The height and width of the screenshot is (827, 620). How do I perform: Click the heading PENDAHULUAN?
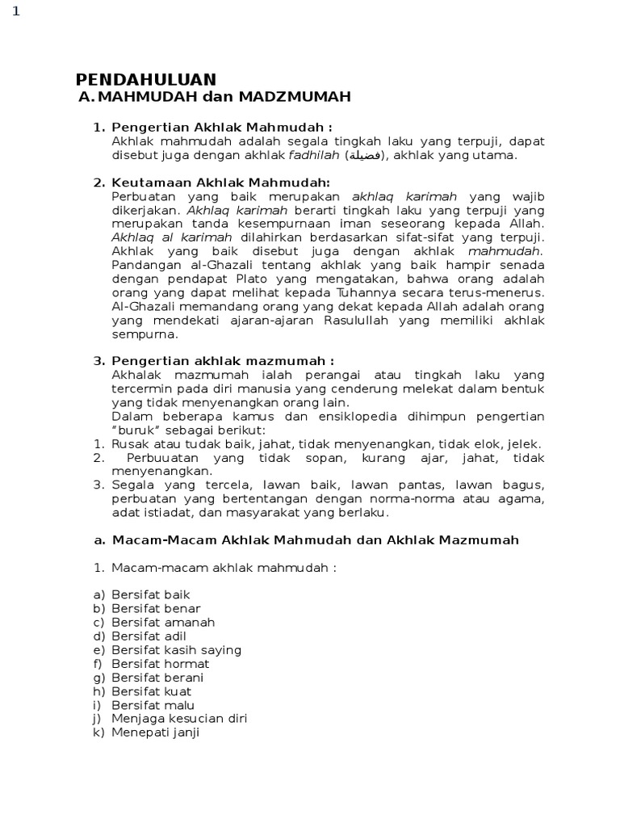point(145,79)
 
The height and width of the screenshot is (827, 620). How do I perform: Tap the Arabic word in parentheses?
point(366,156)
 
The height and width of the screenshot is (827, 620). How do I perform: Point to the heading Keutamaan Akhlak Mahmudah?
point(220,183)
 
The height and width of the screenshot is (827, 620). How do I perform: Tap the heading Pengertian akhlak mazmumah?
point(222,361)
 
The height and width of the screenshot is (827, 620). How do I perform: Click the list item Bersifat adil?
point(149,636)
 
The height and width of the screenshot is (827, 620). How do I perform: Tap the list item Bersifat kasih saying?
point(176,649)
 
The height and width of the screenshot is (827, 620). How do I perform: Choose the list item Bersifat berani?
point(157,677)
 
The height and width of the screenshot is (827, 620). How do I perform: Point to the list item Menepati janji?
point(155,733)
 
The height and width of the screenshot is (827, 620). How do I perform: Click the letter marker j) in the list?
point(98,718)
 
